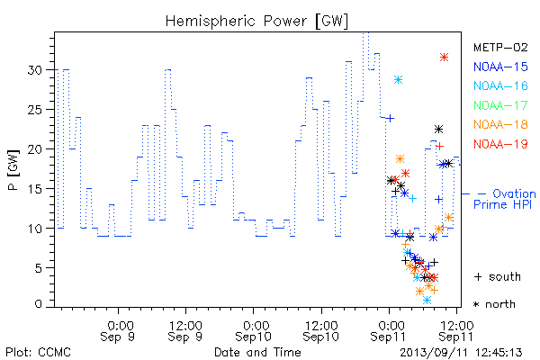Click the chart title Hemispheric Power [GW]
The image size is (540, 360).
[x=256, y=22]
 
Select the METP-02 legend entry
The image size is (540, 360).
[x=500, y=47]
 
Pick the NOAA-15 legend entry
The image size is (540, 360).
[x=500, y=67]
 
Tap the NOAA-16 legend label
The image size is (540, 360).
[x=500, y=85]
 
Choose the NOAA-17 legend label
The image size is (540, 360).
[x=500, y=105]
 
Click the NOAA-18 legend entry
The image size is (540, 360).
[x=500, y=124]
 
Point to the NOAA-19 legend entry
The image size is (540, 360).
[x=500, y=144]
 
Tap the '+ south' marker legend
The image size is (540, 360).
[x=498, y=276]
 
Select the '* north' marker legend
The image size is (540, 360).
[x=494, y=304]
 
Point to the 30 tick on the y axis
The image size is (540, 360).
[x=34, y=70]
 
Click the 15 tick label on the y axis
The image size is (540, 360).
[x=35, y=189]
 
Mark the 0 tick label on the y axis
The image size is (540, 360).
[x=38, y=304]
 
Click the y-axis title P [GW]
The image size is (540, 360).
[x=13, y=170]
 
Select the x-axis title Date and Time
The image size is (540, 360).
[x=257, y=352]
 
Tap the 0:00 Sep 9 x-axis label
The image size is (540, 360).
[x=118, y=330]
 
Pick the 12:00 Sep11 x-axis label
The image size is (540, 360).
[x=456, y=330]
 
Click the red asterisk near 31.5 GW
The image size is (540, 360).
[x=444, y=58]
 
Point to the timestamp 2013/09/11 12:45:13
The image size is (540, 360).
[x=461, y=353]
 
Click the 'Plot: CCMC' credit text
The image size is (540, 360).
[x=38, y=352]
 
